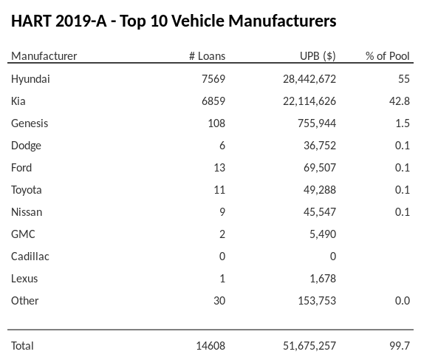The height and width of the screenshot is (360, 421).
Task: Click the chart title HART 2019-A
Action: click(x=174, y=21)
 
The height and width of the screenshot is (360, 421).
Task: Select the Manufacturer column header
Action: click(x=44, y=56)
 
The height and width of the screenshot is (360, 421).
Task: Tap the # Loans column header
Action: click(x=207, y=56)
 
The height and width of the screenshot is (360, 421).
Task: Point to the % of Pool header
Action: click(x=388, y=56)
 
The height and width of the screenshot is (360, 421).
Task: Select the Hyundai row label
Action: click(x=31, y=79)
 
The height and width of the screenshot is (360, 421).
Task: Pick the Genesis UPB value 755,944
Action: click(x=316, y=123)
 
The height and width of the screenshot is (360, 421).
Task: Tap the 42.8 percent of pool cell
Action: click(x=399, y=101)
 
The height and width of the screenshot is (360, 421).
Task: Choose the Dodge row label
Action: click(x=27, y=146)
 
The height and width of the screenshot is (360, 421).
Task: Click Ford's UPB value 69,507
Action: click(x=319, y=168)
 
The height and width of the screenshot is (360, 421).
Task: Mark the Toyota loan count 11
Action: click(x=219, y=190)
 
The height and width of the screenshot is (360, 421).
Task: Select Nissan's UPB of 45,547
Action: click(x=319, y=212)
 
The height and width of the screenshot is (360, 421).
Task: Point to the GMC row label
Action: click(x=24, y=234)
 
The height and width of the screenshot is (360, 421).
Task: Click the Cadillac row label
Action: click(x=30, y=257)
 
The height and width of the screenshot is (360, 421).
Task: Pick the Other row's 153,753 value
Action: click(x=316, y=301)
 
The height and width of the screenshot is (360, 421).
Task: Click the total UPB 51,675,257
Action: click(x=309, y=345)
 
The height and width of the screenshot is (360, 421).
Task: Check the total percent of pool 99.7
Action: click(x=399, y=345)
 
